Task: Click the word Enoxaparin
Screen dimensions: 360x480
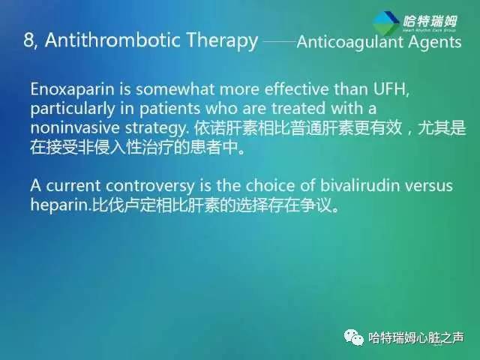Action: [x=71, y=90]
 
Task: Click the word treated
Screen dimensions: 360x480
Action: [x=292, y=109]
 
